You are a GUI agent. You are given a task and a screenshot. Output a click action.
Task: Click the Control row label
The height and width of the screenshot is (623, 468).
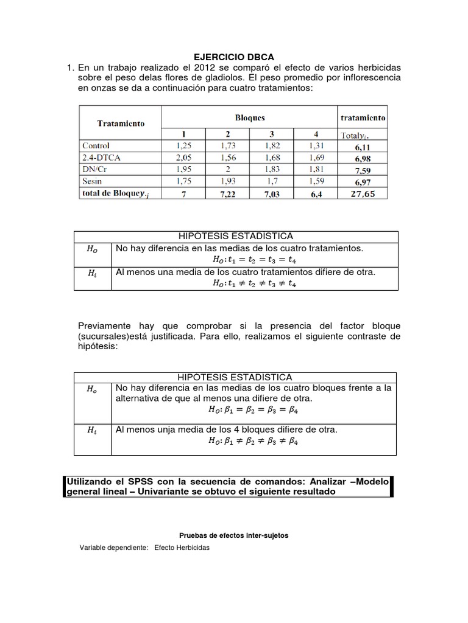coord(96,145)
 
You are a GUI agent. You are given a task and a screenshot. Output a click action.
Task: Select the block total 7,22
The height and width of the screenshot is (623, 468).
coord(227,194)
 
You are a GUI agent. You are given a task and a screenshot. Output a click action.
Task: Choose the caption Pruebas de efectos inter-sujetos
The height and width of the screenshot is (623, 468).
coord(234,535)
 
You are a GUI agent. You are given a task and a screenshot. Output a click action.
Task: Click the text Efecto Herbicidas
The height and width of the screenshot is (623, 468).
coord(182,548)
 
